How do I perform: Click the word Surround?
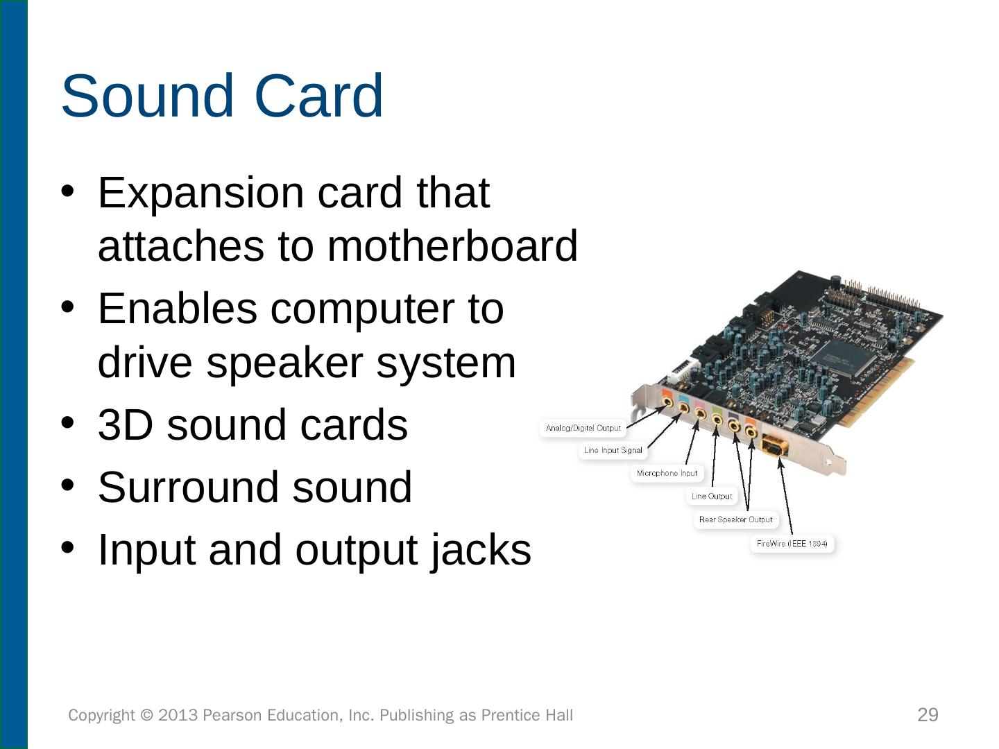[188, 487]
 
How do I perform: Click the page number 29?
[928, 715]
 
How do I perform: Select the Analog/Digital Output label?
[583, 428]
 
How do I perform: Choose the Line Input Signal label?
[613, 450]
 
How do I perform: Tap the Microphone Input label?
[667, 473]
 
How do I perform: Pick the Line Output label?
[712, 496]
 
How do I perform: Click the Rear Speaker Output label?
[735, 519]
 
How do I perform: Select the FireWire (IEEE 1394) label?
[792, 544]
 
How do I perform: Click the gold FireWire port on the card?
[774, 445]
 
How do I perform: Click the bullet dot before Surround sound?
[67, 485]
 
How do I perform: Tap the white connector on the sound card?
[678, 374]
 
